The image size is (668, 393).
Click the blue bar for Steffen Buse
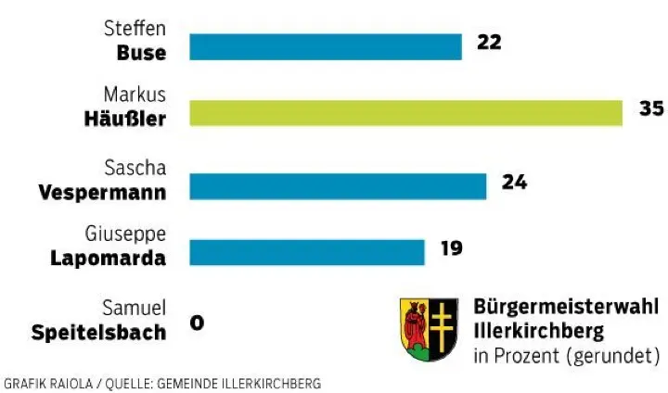coord(326,46)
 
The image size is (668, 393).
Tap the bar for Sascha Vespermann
coord(338,186)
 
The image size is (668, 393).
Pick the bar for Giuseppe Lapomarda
coord(307,252)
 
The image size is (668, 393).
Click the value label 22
coord(489,43)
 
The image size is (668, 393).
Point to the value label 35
coord(651,108)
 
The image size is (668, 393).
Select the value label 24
coord(514,183)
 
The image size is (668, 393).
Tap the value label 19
coord(452,248)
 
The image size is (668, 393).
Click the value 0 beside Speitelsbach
coord(197,323)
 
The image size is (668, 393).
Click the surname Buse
coord(141,53)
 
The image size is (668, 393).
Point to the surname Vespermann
coord(103,193)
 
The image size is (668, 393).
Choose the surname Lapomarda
coord(108,259)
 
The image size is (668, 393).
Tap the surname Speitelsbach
coord(99,332)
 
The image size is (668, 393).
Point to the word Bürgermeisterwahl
coord(566,308)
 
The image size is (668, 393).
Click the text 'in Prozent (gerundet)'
coord(566,355)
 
